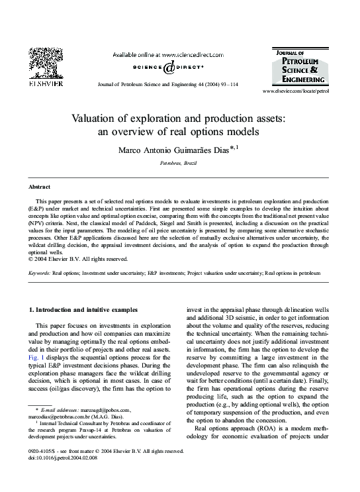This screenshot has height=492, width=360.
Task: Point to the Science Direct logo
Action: tap(165, 67)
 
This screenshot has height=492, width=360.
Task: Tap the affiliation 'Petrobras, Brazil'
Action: tap(179, 162)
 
